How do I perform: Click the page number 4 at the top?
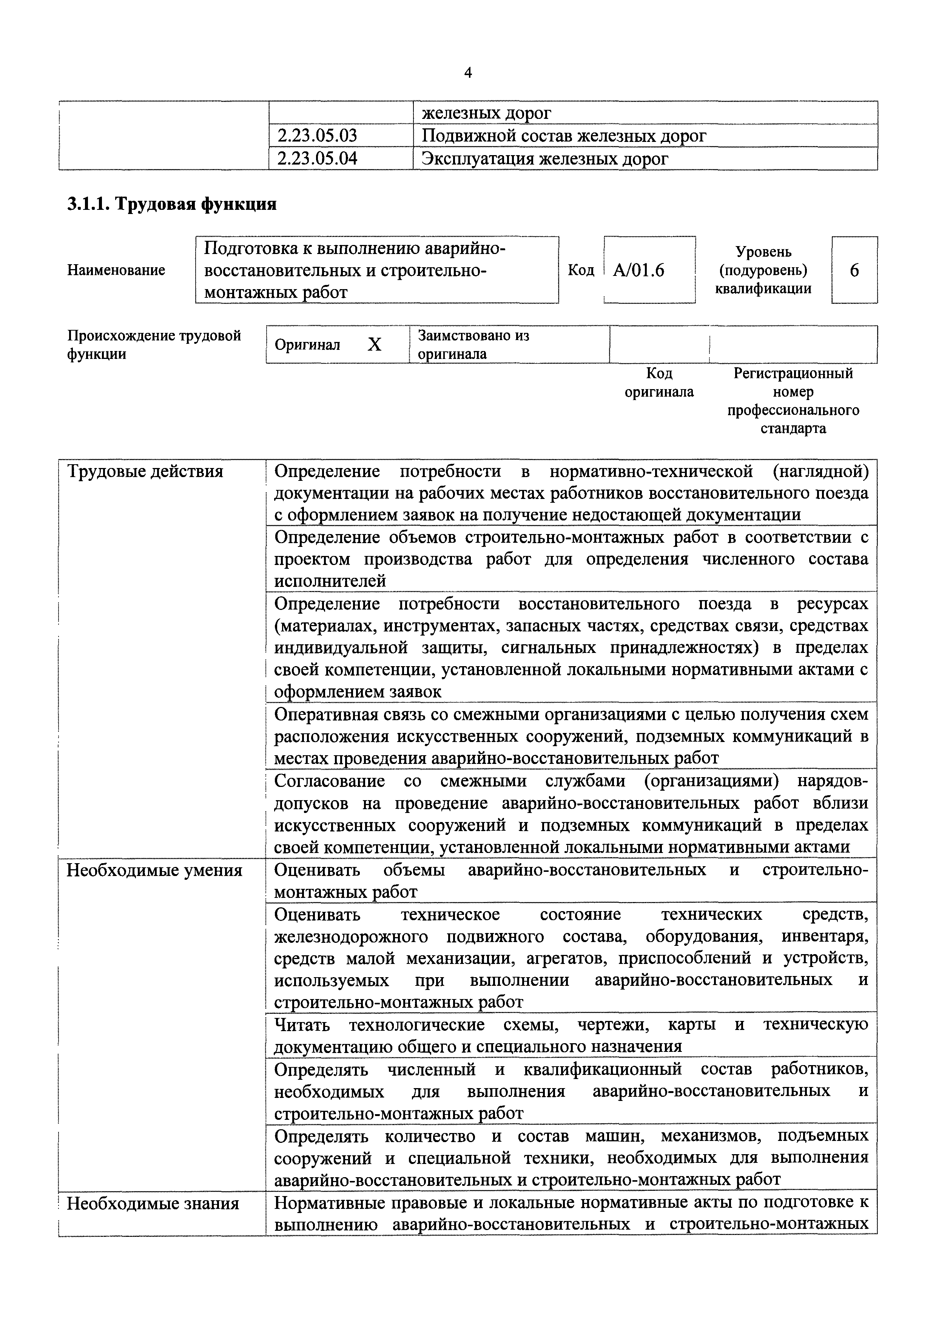(x=468, y=73)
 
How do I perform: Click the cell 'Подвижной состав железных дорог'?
(x=563, y=136)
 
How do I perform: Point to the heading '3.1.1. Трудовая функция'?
(x=172, y=204)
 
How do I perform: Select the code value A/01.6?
(x=638, y=270)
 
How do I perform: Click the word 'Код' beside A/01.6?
(x=581, y=270)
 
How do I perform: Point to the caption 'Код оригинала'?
(x=659, y=383)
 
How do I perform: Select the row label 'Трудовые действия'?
(x=145, y=472)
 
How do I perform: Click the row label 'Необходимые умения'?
(x=154, y=870)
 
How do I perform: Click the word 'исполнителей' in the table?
(x=330, y=581)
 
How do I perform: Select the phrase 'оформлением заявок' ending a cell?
(x=358, y=692)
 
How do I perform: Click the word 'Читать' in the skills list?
(x=302, y=1025)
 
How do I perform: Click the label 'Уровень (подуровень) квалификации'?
(x=763, y=270)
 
